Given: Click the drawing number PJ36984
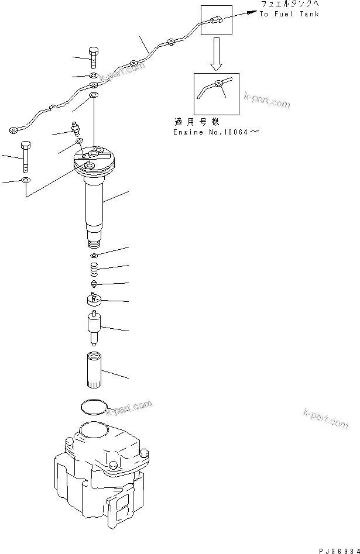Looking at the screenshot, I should [x=335, y=548].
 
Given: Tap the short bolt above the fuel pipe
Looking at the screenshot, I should [x=94, y=57].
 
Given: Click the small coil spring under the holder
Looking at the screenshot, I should [x=94, y=270].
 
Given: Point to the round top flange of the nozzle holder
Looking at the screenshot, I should [x=94, y=160].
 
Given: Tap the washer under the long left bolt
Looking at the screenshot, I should [x=26, y=180].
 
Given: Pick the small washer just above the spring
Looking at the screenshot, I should [x=94, y=256].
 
